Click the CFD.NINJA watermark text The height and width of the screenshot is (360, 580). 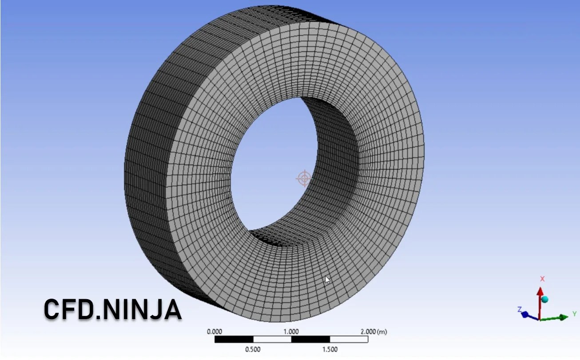click(112, 309)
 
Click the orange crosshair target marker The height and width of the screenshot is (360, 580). click(304, 178)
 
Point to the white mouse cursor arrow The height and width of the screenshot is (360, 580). click(327, 280)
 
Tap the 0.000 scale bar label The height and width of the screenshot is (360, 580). click(215, 332)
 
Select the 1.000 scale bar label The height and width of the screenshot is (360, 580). click(291, 332)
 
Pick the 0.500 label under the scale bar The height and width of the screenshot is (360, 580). click(253, 349)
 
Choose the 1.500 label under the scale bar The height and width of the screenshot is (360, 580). click(330, 349)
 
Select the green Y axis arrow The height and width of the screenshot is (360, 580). click(557, 317)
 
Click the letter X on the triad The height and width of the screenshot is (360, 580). click(542, 279)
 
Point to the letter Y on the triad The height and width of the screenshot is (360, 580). click(575, 314)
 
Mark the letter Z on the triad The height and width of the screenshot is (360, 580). click(519, 309)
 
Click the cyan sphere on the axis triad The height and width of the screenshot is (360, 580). click(545, 300)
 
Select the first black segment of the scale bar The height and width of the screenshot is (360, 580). click(234, 340)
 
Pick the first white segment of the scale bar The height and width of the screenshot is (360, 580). click(272, 340)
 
